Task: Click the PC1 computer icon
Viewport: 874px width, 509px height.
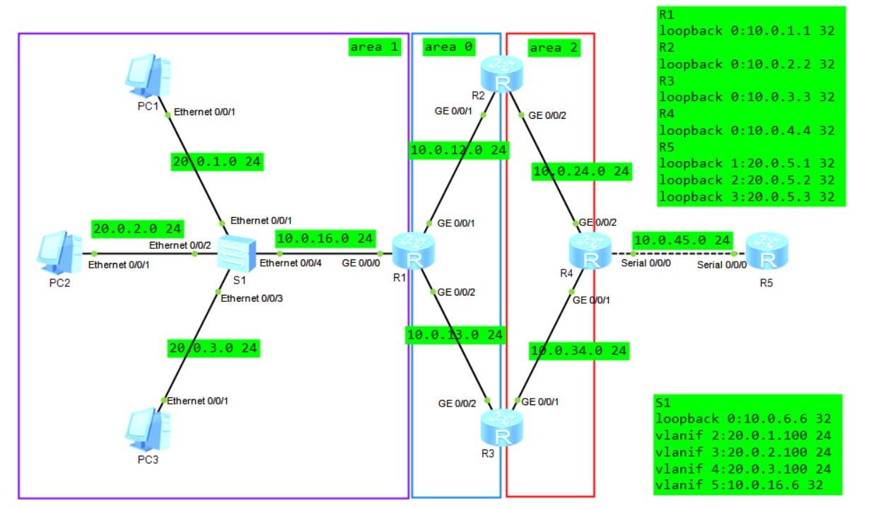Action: click(148, 76)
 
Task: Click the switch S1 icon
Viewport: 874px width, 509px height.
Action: click(234, 255)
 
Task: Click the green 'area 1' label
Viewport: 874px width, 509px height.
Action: click(375, 47)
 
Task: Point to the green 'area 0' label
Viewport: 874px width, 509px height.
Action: click(449, 47)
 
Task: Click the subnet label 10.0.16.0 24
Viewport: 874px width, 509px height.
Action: click(325, 238)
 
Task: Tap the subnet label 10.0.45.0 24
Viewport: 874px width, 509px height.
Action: click(682, 240)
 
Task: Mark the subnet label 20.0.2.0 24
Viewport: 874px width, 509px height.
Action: click(137, 228)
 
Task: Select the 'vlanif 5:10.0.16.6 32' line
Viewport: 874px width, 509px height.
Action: click(745, 485)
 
